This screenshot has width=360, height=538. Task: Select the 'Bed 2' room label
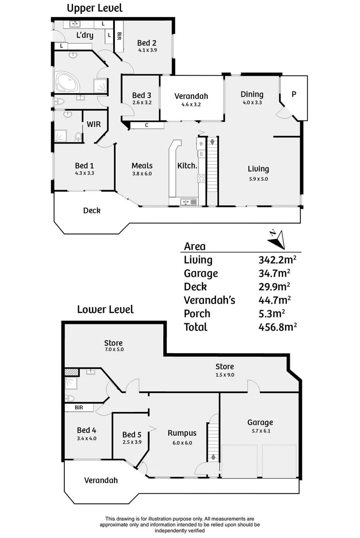(x=147, y=43)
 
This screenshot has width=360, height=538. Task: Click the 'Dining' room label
(x=251, y=94)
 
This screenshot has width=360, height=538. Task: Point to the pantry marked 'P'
(x=293, y=94)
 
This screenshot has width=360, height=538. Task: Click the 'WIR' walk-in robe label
(x=94, y=124)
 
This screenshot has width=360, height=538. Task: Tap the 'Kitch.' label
(x=188, y=166)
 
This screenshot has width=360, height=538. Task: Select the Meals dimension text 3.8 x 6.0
(x=141, y=174)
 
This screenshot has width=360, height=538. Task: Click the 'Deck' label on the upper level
(x=92, y=210)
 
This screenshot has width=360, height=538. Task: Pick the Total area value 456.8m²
(x=278, y=327)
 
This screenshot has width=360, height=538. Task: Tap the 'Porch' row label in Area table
(x=197, y=313)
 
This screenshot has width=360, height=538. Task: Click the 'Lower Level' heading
(x=105, y=309)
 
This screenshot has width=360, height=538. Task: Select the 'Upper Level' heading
(x=95, y=8)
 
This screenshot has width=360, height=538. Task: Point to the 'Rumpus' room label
(x=182, y=433)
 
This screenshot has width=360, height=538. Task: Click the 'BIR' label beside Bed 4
(x=79, y=407)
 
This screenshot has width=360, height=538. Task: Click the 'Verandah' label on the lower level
(x=101, y=480)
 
